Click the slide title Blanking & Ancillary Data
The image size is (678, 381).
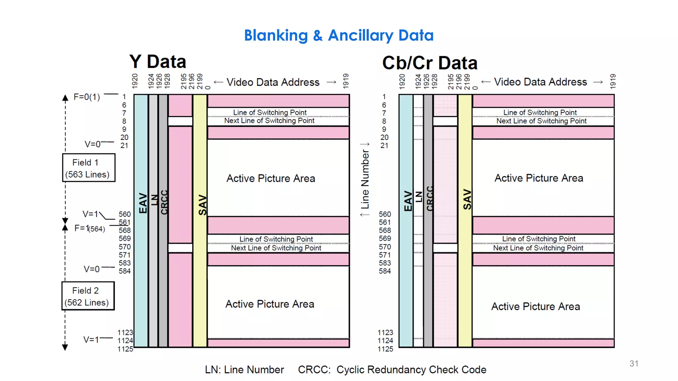(339, 35)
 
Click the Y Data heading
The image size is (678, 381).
(158, 62)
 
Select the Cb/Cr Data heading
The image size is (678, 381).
(430, 63)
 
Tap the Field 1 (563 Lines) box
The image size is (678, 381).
(89, 168)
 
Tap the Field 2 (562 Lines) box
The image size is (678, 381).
(88, 296)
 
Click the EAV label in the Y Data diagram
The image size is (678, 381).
(142, 203)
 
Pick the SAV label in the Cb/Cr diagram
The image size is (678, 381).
(467, 199)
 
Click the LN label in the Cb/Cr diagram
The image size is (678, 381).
(419, 196)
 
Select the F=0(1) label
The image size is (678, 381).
(87, 97)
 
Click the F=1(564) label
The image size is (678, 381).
(89, 228)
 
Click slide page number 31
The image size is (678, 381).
(634, 363)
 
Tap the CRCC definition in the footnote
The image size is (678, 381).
(392, 370)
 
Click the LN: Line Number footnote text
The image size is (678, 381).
(244, 370)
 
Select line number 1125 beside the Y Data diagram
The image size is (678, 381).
(125, 349)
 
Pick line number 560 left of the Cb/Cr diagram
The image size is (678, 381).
(385, 214)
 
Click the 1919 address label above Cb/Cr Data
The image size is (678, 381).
(613, 81)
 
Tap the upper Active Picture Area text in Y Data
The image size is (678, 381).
(270, 179)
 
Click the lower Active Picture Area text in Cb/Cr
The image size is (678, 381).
(535, 307)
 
